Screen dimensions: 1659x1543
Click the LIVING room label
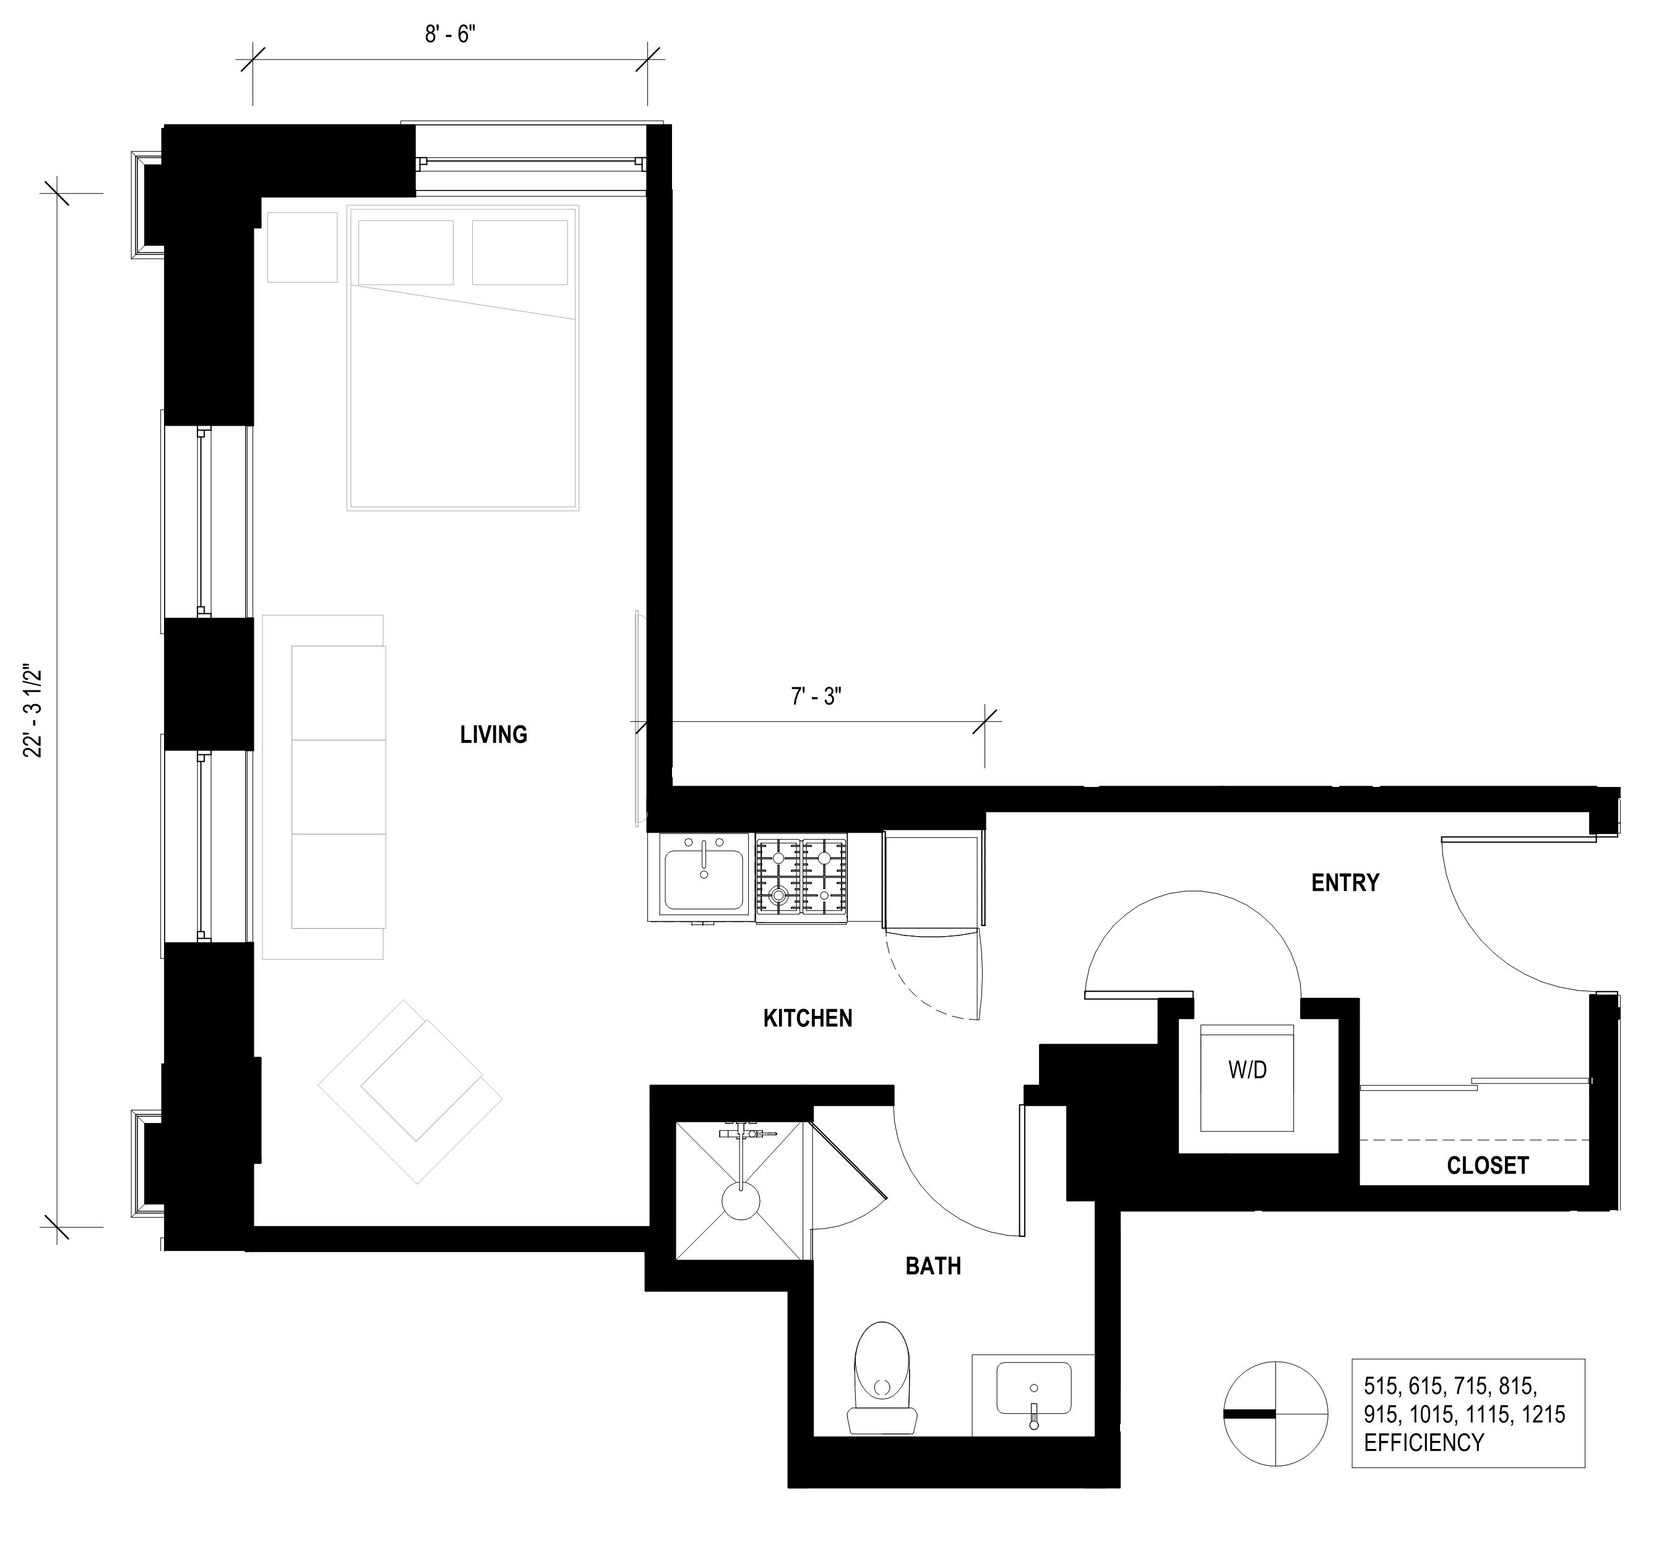tap(493, 734)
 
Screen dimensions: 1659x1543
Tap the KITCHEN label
tap(808, 1018)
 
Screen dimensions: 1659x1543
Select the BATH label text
tap(933, 1266)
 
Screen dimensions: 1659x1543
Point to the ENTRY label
tap(1345, 882)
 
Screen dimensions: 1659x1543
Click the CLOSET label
tap(1488, 1165)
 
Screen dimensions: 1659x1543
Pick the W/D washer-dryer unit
tap(1247, 1078)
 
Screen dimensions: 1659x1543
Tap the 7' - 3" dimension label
tap(816, 696)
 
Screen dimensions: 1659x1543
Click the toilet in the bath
tap(882, 1378)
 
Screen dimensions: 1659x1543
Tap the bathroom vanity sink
tap(1034, 1388)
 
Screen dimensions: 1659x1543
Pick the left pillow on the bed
tap(405, 252)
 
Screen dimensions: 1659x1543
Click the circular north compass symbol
tap(1275, 1414)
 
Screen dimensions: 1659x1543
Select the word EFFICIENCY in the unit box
tap(1424, 1443)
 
